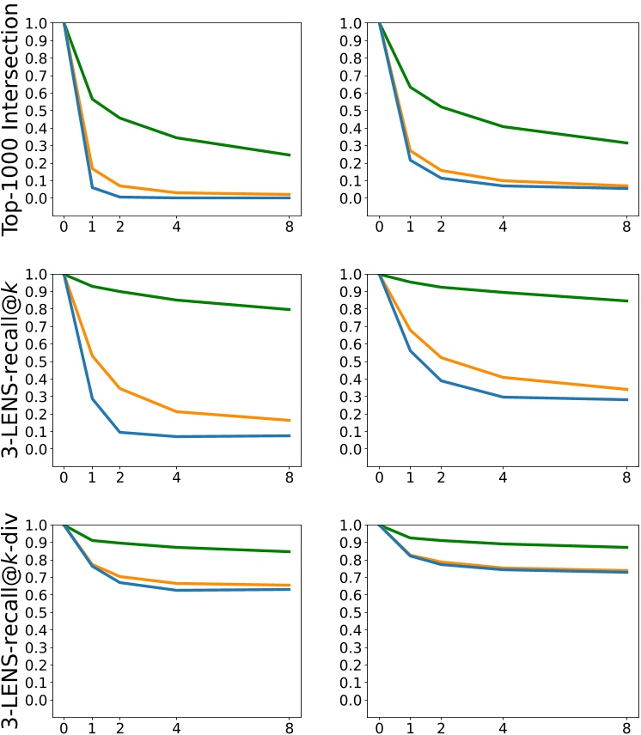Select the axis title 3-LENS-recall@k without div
click(x=12, y=369)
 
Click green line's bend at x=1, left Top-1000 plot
click(x=92, y=99)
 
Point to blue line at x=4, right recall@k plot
click(x=502, y=397)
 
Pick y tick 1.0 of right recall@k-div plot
click(x=353, y=525)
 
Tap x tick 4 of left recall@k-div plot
click(x=177, y=729)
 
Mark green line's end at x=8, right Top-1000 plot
click(x=626, y=143)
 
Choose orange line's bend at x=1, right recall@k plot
click(x=410, y=330)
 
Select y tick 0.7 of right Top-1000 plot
click(x=353, y=76)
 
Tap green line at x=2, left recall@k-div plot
click(x=120, y=543)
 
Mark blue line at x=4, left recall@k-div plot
click(x=177, y=590)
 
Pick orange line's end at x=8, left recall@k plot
click(x=290, y=420)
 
